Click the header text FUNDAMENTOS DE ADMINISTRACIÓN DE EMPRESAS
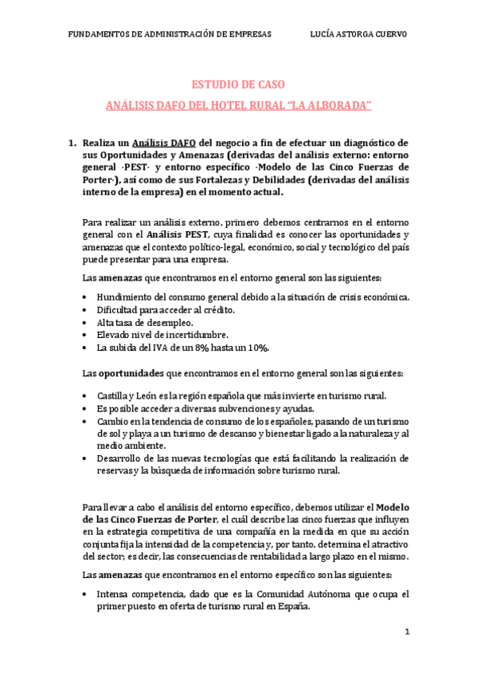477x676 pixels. [x=169, y=34]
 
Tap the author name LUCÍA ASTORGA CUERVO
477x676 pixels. [x=358, y=34]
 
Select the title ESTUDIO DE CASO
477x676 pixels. [x=239, y=84]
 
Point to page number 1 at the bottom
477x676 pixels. [x=407, y=631]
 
